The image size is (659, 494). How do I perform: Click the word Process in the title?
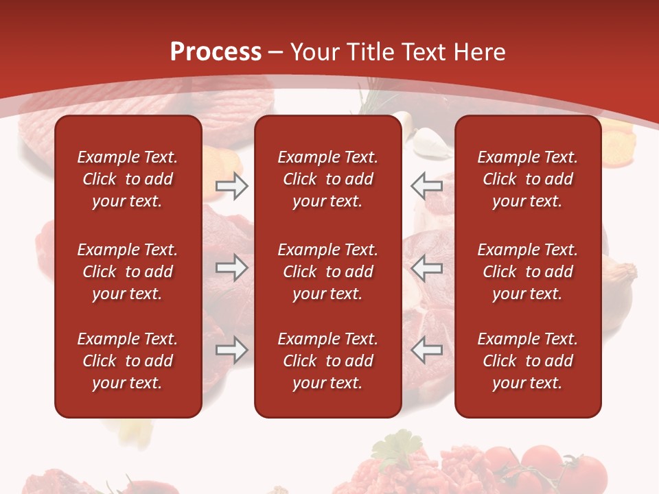pyautogui.click(x=216, y=52)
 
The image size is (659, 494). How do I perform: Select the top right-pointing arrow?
pyautogui.click(x=232, y=186)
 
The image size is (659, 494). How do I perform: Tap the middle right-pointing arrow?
pyautogui.click(x=232, y=268)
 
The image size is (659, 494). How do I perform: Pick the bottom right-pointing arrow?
pyautogui.click(x=232, y=350)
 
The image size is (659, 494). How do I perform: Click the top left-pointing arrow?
pyautogui.click(x=427, y=186)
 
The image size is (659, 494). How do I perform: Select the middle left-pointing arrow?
pyautogui.click(x=427, y=268)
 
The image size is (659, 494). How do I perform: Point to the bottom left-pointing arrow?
pyautogui.click(x=427, y=350)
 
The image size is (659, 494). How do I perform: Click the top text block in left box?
pyautogui.click(x=128, y=179)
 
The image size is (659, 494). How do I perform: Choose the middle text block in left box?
pyautogui.click(x=128, y=272)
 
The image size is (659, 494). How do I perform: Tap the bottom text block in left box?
pyautogui.click(x=128, y=361)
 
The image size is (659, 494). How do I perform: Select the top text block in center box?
pyautogui.click(x=327, y=179)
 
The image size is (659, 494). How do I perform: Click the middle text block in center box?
pyautogui.click(x=327, y=272)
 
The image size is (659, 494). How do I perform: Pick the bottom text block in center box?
pyautogui.click(x=327, y=361)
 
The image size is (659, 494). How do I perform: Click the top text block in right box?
pyautogui.click(x=527, y=179)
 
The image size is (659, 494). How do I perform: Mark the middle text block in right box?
pyautogui.click(x=527, y=272)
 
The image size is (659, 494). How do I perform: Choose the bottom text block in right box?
pyautogui.click(x=527, y=361)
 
